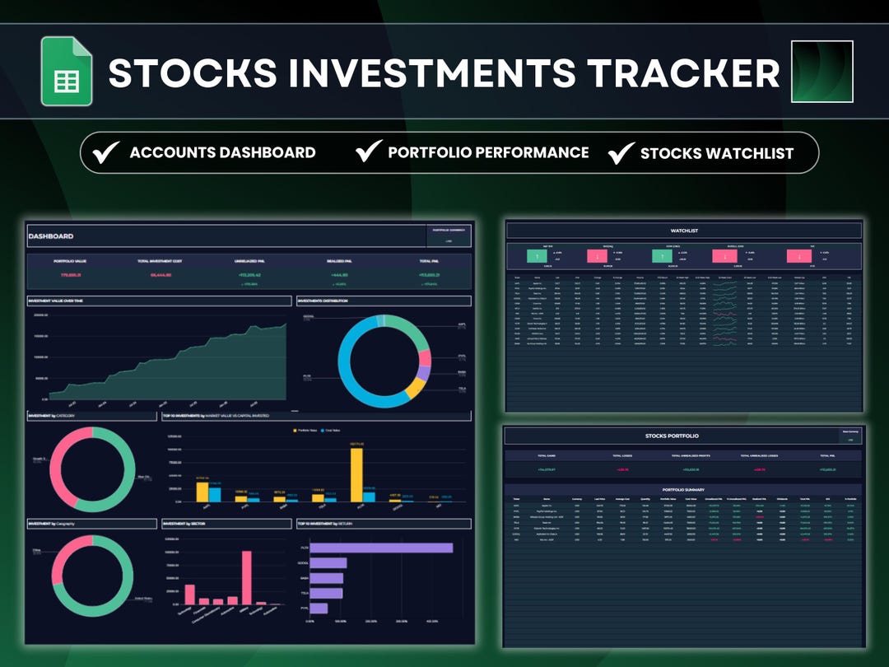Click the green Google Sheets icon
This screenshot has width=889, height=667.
pos(67,72)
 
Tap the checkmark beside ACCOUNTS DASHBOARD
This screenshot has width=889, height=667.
pos(106,152)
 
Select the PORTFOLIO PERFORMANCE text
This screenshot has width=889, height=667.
pos(488,152)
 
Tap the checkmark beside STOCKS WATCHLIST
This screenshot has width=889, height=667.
pos(621,152)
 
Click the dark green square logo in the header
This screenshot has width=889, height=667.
pos(822,72)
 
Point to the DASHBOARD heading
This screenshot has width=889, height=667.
pos(51,236)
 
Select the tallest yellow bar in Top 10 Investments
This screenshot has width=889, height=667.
pos(356,474)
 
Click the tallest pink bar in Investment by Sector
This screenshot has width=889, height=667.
pos(245,578)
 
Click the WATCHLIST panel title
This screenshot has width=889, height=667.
pos(684,231)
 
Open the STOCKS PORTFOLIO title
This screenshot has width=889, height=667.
pos(673,436)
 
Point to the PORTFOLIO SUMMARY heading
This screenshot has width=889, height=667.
pos(684,489)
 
